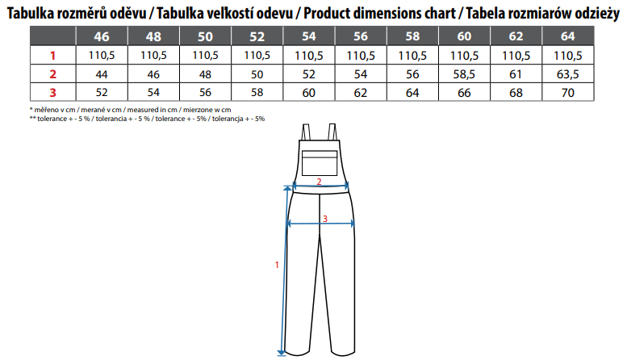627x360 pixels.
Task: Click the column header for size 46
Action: click(x=102, y=36)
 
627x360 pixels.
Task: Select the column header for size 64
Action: click(x=568, y=36)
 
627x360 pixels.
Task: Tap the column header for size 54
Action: click(x=309, y=36)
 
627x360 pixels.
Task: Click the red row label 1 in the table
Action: click(x=52, y=55)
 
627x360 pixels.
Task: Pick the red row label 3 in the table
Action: click(x=52, y=93)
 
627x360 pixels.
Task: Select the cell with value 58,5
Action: click(x=464, y=74)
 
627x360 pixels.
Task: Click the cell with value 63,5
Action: click(x=568, y=74)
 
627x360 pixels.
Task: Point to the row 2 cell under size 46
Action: click(x=102, y=74)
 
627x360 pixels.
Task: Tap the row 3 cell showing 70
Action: click(x=568, y=92)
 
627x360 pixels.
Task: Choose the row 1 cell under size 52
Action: click(x=257, y=55)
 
